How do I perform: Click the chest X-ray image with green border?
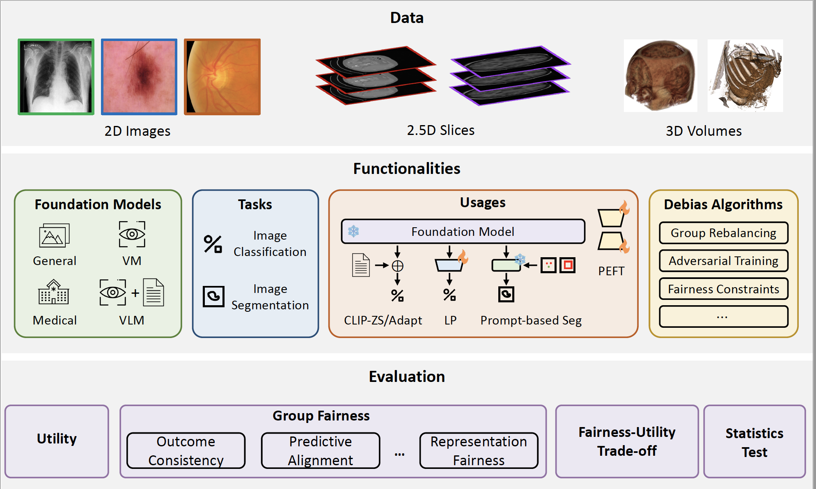click(56, 77)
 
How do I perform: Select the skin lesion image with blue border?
click(139, 77)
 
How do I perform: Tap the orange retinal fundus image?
click(222, 77)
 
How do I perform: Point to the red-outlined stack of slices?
click(376, 75)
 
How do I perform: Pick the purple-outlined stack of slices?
click(510, 75)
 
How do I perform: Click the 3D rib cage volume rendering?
click(745, 75)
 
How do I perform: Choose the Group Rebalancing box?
click(723, 233)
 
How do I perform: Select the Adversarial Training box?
click(723, 261)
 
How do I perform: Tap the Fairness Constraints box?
click(723, 289)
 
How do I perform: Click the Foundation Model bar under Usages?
click(463, 231)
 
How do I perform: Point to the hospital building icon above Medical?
click(54, 292)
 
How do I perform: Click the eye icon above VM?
click(132, 234)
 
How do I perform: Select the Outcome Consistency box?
click(186, 450)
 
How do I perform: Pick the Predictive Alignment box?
click(321, 450)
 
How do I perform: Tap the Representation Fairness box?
click(479, 450)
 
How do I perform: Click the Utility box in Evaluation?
click(57, 441)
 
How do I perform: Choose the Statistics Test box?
click(754, 441)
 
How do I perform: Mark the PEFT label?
click(611, 271)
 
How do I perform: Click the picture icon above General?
click(54, 235)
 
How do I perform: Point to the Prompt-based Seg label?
click(531, 320)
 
